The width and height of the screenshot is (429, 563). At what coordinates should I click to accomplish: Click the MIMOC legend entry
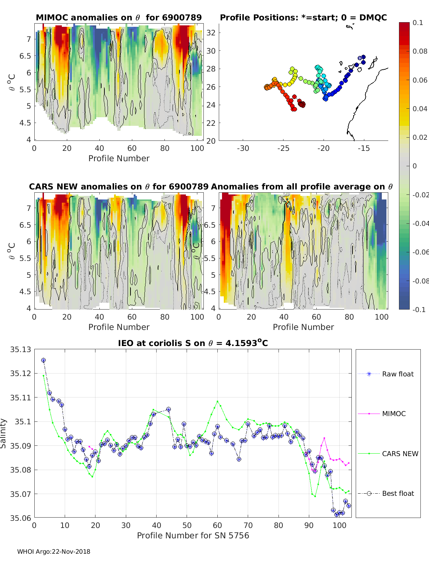tap(394, 414)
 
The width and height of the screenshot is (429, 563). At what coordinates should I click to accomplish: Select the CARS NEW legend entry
tap(400, 454)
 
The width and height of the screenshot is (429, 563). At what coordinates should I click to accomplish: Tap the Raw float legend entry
tap(398, 374)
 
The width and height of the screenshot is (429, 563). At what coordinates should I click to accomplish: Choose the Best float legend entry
tap(398, 493)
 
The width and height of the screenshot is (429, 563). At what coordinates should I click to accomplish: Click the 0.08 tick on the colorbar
tap(420, 51)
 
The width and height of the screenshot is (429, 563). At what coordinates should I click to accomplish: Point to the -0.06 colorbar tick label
tap(420, 252)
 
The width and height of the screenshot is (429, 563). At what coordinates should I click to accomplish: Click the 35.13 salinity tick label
tap(20, 350)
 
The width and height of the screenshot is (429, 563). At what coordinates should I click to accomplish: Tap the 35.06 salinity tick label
tap(20, 518)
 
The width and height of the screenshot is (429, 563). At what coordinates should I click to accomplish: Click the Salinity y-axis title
tap(4, 433)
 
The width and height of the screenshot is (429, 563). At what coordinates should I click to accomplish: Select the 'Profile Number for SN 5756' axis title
tap(193, 535)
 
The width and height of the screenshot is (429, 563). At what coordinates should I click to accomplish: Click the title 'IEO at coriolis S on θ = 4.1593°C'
tap(193, 343)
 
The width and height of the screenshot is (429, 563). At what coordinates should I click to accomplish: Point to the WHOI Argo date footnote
tap(54, 552)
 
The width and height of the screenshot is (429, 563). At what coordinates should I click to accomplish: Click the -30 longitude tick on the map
tap(243, 148)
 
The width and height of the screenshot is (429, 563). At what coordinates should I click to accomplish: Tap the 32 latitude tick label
tap(211, 33)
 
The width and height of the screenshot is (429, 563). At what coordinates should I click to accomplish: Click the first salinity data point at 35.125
tap(44, 360)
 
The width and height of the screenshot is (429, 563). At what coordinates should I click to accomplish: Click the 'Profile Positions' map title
tap(303, 18)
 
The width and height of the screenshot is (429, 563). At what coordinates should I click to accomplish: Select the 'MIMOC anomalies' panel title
tap(119, 18)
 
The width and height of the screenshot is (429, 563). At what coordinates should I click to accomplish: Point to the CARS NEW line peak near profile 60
tap(217, 401)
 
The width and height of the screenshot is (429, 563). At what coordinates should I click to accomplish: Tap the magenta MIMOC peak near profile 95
tap(324, 438)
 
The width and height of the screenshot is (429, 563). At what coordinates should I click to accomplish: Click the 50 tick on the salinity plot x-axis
tap(187, 525)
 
